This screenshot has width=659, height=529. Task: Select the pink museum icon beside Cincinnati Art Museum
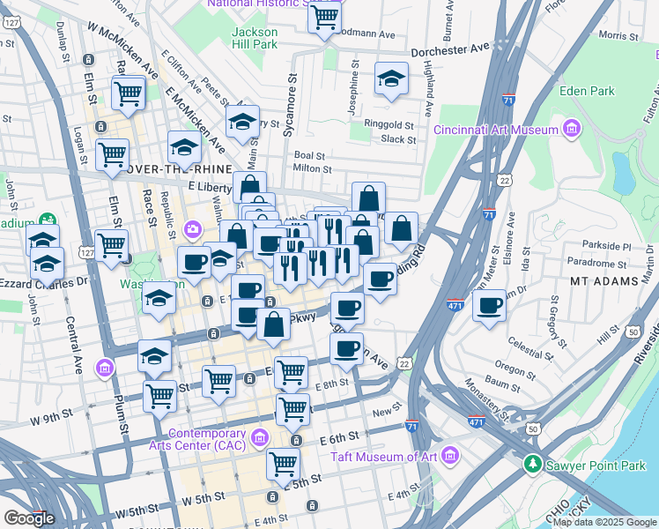pyautogui.click(x=572, y=130)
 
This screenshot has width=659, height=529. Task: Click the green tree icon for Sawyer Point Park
pyautogui.click(x=532, y=463)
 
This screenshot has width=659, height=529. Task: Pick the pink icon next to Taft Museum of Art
pyautogui.click(x=451, y=456)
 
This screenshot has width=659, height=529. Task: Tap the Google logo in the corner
pyautogui.click(x=29, y=518)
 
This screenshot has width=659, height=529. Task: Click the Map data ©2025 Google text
pyautogui.click(x=604, y=522)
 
